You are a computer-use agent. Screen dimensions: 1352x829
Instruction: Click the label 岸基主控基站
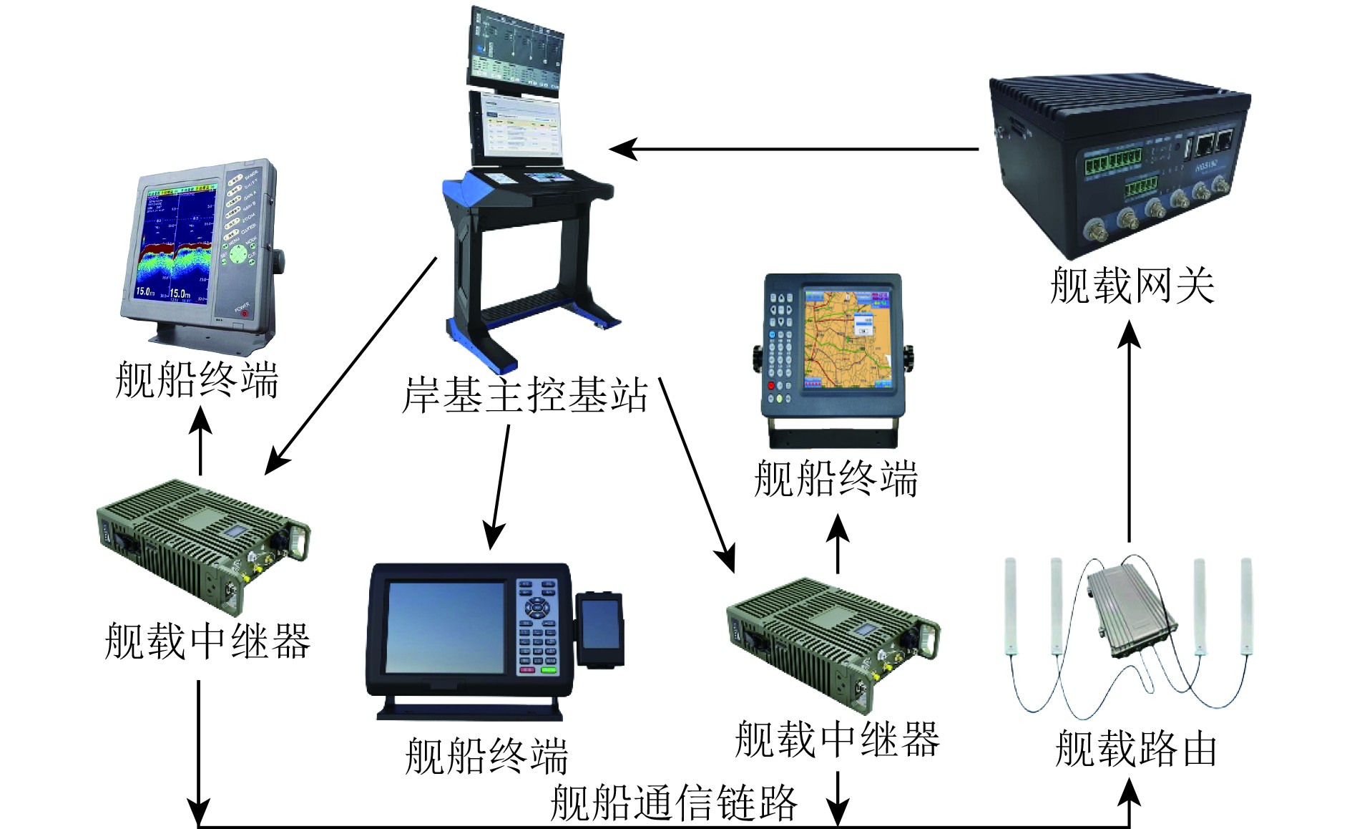pos(524,395)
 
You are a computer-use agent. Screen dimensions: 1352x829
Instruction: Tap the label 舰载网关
pos(1132,286)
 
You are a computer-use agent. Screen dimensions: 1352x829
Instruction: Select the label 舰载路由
pos(1135,749)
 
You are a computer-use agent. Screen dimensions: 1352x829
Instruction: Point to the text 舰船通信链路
pos(673,803)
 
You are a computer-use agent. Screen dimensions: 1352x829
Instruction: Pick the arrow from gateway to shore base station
pos(794,150)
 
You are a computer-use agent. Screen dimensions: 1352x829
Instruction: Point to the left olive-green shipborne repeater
pos(202,544)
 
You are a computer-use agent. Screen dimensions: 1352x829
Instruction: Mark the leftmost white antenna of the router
pos(1010,605)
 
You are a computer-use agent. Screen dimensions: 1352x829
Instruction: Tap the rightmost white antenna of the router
pos(1246,605)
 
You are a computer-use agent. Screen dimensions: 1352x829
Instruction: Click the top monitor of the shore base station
pos(515,49)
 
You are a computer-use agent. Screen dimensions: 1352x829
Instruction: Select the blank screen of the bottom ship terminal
pos(446,627)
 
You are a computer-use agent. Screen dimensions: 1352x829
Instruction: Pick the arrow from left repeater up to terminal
pos(200,440)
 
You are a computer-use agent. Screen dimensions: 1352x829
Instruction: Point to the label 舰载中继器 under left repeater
pos(207,641)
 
